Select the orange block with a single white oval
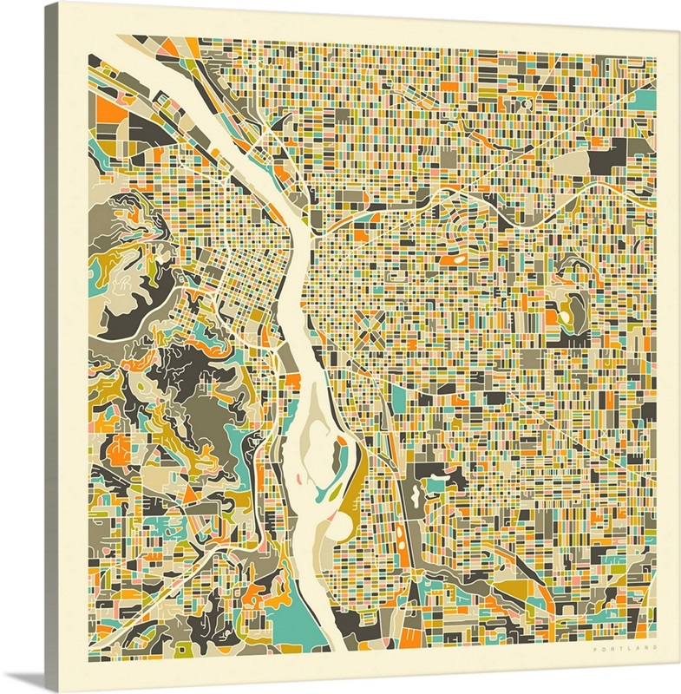click(x=454, y=258)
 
